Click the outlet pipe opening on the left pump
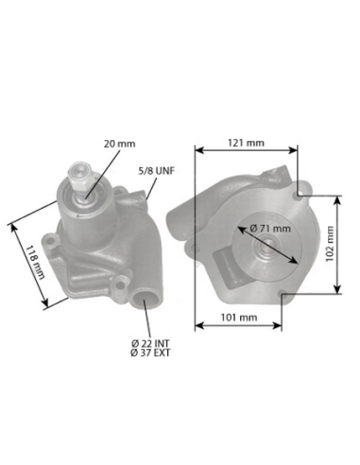(146, 301)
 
